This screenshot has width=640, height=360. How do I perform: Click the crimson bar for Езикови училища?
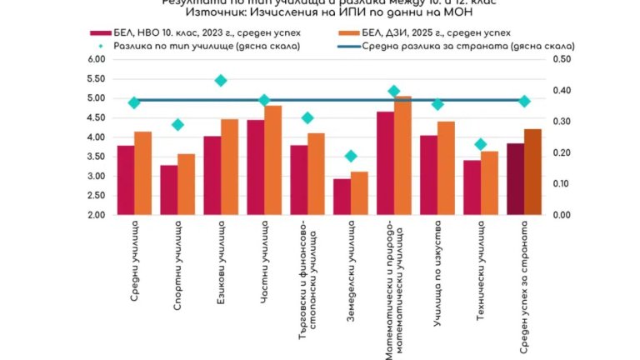click(x=212, y=175)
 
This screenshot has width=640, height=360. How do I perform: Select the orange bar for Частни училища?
click(x=272, y=160)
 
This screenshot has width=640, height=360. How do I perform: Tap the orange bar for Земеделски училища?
click(x=359, y=193)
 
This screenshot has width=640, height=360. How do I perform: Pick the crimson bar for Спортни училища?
click(x=169, y=190)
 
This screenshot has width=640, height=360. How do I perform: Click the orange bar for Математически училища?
click(x=402, y=155)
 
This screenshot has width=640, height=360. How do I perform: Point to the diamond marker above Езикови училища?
click(x=221, y=81)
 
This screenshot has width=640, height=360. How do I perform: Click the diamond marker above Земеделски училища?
click(x=351, y=156)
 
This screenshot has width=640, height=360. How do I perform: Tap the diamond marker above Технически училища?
click(x=481, y=144)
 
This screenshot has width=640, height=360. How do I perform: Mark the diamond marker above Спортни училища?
click(x=177, y=125)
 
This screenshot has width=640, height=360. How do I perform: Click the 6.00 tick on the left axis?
click(x=96, y=60)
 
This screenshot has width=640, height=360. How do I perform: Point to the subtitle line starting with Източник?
click(x=321, y=16)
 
